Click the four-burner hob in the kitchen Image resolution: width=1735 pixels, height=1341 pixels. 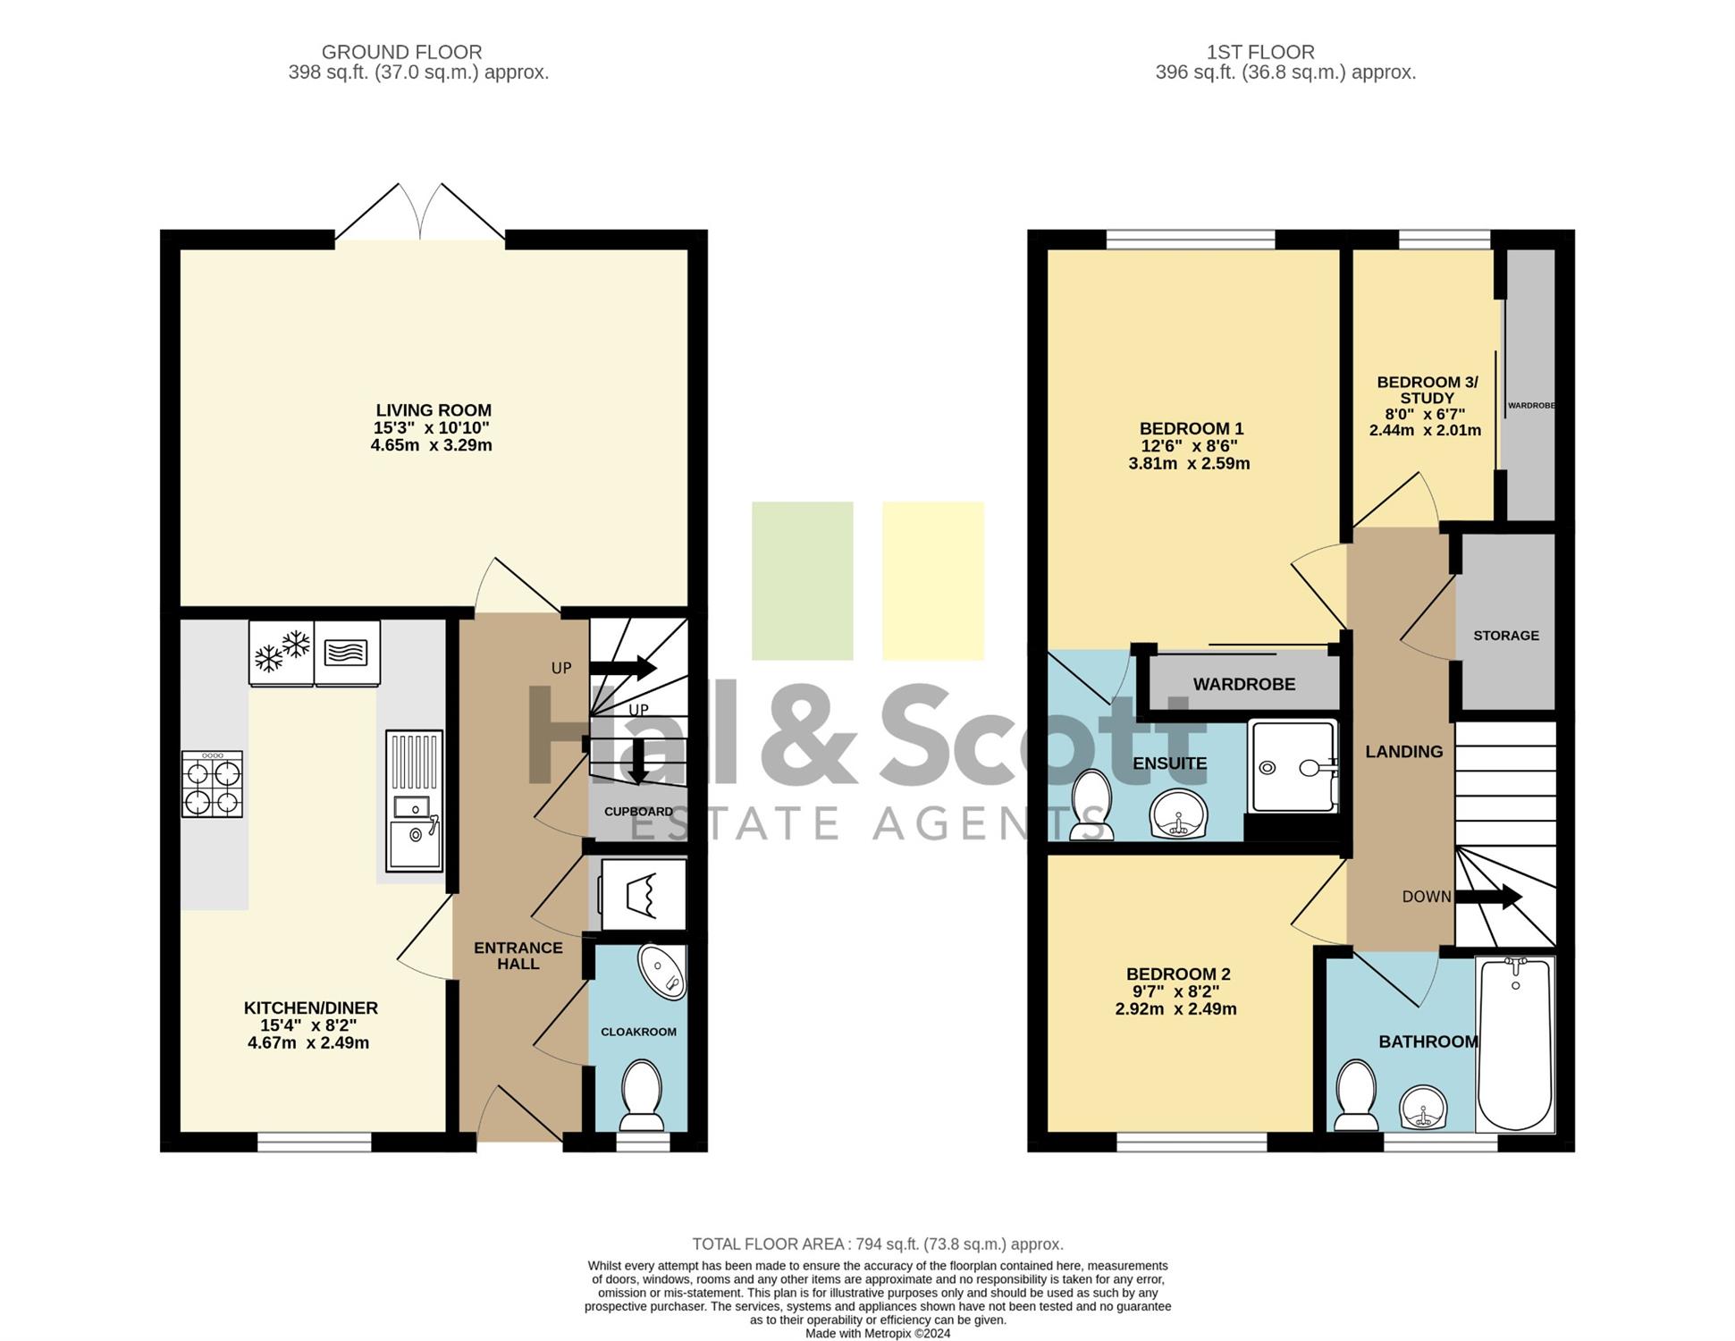point(212,784)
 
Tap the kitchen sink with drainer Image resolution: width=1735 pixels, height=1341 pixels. point(414,800)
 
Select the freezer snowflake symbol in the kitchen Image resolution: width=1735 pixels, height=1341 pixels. point(282,653)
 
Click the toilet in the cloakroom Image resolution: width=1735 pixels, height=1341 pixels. point(641,1095)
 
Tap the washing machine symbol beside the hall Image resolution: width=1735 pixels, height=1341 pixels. point(644,894)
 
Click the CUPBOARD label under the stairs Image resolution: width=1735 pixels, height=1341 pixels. point(638,812)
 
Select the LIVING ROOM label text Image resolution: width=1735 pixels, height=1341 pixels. point(434,410)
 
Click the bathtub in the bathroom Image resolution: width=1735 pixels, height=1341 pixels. point(1515,1044)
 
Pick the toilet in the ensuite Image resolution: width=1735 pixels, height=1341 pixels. point(1091,805)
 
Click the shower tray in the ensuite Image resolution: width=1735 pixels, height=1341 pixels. point(1293,766)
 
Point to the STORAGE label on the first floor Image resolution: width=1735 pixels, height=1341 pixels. point(1506,636)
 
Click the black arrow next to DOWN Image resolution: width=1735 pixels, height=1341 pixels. point(1489,897)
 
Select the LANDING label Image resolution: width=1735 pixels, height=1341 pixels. point(1404,752)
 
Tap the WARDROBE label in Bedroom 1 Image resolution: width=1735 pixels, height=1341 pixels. point(1244,684)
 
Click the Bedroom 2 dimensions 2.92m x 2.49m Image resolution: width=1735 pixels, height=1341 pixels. point(1176,1009)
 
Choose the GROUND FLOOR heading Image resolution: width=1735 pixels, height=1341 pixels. point(401,53)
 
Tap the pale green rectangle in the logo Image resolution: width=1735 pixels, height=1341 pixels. point(803,581)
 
